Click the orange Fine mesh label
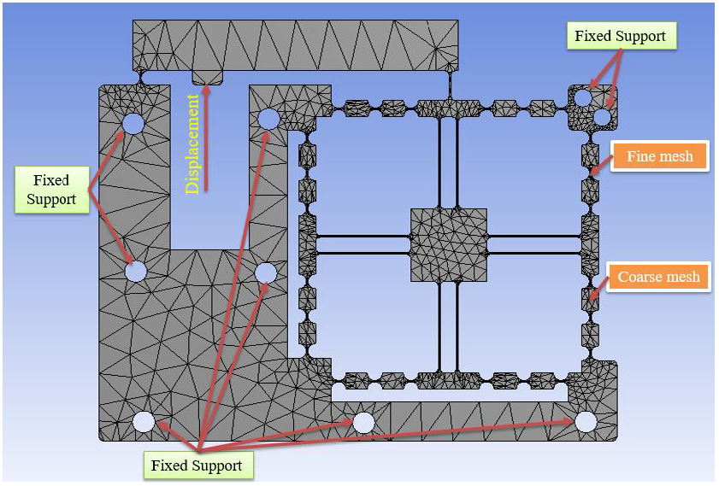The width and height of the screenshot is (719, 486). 659,156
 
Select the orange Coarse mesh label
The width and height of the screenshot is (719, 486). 658,277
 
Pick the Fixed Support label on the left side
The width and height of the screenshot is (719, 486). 51,190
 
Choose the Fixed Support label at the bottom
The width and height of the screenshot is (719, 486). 196,466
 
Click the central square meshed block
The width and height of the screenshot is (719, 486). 449,245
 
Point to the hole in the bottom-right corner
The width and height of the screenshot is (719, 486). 585,421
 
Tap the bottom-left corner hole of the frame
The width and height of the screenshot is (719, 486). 144,421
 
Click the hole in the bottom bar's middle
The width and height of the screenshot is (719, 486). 363,422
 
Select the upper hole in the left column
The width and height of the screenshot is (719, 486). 133,124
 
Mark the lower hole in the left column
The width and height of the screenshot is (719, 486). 135,272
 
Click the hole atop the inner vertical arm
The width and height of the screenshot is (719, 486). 267,119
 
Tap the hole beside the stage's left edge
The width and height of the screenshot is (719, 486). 266,272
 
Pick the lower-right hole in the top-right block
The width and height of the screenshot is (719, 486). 603,115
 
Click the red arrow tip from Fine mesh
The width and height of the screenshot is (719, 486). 593,173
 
